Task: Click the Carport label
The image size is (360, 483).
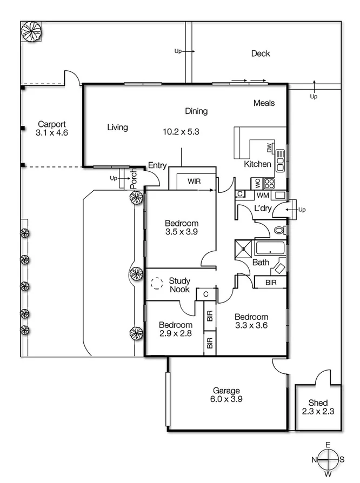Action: [51, 124]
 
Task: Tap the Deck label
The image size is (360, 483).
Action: [261, 53]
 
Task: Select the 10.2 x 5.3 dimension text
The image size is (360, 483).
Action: [182, 131]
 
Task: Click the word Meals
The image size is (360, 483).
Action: [264, 103]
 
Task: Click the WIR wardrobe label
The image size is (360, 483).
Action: [195, 182]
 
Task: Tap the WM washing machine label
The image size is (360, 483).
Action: [263, 194]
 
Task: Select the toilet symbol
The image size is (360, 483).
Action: [279, 230]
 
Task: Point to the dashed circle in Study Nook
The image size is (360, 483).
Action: [157, 283]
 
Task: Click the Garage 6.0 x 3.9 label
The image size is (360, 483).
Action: [226, 395]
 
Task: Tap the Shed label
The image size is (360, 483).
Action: [318, 407]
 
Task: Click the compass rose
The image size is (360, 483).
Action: [328, 460]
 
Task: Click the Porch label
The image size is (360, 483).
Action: [134, 179]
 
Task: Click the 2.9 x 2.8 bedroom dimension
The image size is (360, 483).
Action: [175, 334]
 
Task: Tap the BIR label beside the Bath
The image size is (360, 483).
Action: [271, 282]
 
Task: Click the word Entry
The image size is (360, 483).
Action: [157, 166]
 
